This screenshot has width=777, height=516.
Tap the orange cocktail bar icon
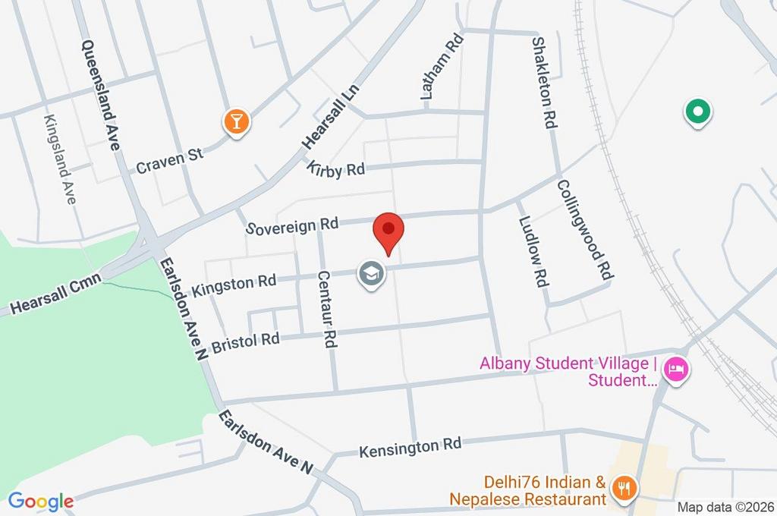click(237, 121)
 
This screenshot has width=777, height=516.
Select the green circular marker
click(697, 112)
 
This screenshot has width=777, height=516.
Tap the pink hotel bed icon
click(674, 370)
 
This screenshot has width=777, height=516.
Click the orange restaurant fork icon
click(624, 488)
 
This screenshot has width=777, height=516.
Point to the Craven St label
click(170, 160)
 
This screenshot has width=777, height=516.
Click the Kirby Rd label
click(336, 168)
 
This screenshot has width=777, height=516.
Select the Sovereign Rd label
click(293, 225)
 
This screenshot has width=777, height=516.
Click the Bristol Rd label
click(245, 342)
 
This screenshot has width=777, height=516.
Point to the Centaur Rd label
click(326, 309)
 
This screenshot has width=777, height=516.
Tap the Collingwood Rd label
click(584, 228)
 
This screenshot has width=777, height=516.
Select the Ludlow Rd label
click(533, 250)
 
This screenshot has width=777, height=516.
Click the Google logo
click(40, 501)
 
